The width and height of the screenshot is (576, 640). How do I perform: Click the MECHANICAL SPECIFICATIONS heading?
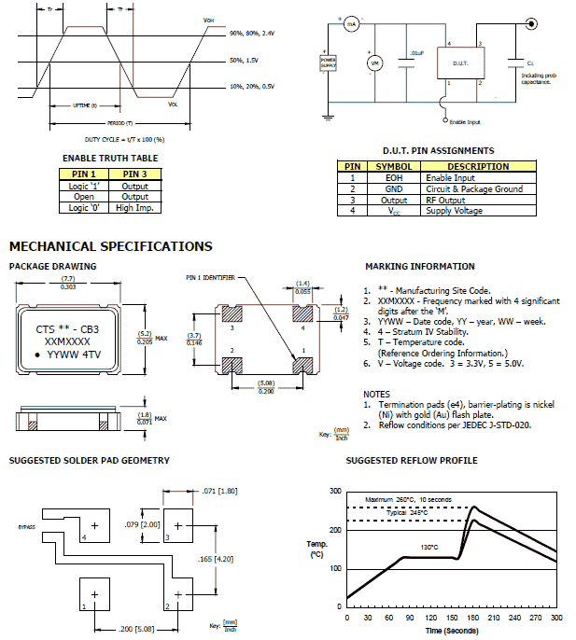[x=110, y=246]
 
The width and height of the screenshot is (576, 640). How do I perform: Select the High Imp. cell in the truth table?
[x=134, y=208]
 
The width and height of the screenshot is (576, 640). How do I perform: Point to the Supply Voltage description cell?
[x=453, y=211]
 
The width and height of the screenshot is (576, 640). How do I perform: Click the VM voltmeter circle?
[x=374, y=63]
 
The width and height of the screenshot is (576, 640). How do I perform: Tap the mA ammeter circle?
[x=352, y=24]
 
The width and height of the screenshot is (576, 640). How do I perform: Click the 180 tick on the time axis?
[x=474, y=618]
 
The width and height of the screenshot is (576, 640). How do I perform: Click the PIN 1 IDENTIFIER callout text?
[x=214, y=278]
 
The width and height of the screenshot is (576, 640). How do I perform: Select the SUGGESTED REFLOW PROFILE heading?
[x=411, y=461]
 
